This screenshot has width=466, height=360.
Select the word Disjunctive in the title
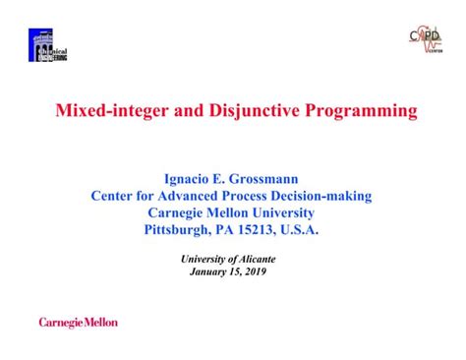234,110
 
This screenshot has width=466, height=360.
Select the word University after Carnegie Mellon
281,211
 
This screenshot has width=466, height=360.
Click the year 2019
252,270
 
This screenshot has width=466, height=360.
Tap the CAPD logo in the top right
425,40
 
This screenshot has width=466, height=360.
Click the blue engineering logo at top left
48,44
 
